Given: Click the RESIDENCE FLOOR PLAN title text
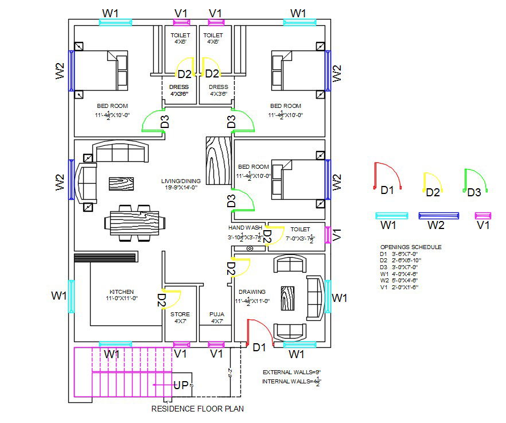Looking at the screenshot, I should (x=197, y=409).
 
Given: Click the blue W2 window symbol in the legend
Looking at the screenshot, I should (x=439, y=216).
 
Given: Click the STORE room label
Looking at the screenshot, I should (x=180, y=315).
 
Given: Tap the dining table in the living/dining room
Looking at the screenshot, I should (x=133, y=221).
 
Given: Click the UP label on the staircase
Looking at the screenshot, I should (x=181, y=386).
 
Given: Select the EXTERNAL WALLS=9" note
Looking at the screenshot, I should (x=291, y=371).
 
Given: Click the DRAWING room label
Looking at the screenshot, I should (x=252, y=292).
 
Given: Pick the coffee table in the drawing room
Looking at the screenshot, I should (x=287, y=296).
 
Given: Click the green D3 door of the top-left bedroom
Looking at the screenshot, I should (x=153, y=121).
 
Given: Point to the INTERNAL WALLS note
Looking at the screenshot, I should (x=291, y=381).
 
